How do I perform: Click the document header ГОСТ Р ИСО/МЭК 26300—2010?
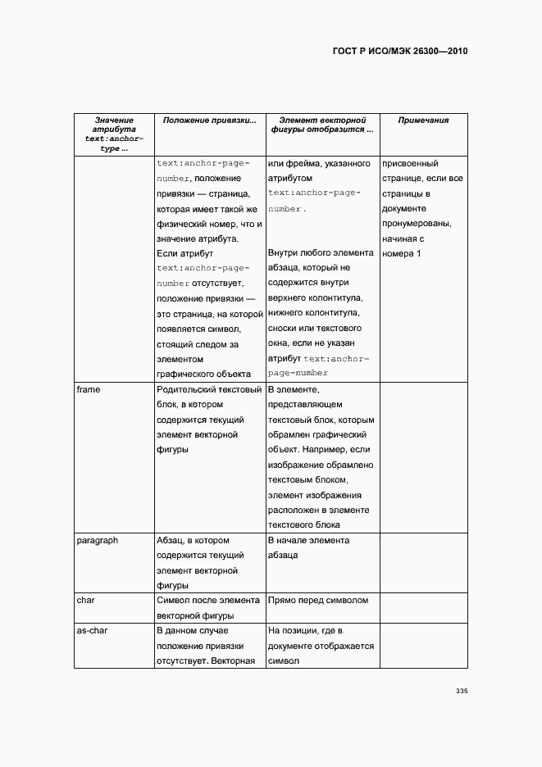click(x=399, y=51)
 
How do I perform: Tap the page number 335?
click(x=461, y=692)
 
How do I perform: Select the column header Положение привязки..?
click(x=209, y=120)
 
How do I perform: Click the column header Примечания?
click(x=423, y=120)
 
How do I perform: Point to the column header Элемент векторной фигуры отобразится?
click(x=322, y=125)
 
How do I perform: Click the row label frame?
click(x=89, y=389)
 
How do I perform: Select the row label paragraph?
click(x=97, y=541)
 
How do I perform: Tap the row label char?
click(x=85, y=601)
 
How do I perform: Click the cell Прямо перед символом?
click(x=318, y=601)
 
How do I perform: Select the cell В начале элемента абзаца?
click(x=308, y=547)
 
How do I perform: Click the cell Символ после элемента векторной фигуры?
click(x=208, y=608)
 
